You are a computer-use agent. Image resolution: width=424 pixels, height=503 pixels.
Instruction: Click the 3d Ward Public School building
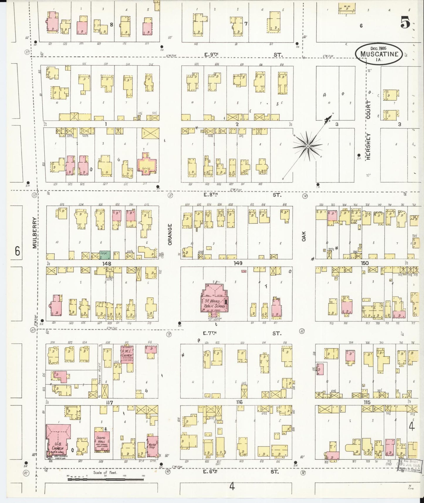214,301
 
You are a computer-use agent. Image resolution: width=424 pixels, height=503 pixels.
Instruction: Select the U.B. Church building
58,443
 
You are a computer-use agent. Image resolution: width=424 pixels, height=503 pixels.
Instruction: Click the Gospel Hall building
102,442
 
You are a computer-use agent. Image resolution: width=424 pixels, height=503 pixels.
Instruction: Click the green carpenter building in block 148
105,255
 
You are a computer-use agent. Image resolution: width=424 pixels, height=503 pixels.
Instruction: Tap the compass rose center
308,146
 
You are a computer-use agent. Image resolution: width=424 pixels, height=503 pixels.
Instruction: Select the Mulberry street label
35,233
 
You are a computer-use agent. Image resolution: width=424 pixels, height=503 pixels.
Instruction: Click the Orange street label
170,234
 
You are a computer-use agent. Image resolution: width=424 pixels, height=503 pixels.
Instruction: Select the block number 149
238,264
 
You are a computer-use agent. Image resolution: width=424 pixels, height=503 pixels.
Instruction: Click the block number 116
239,402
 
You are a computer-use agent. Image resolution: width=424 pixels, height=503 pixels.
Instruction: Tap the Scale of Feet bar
106,480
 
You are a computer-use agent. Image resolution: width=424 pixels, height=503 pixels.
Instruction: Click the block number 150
365,263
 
